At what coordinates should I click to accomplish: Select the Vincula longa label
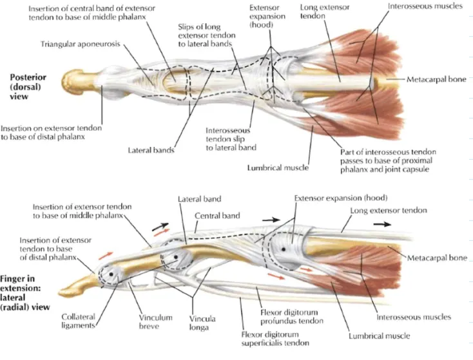point(202,323)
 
